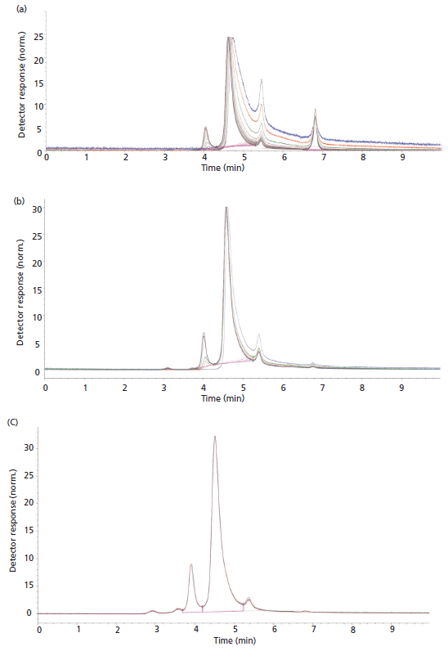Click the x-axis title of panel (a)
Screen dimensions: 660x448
(224, 166)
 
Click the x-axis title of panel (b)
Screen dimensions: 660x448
(224, 397)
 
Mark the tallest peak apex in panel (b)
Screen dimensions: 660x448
(226, 208)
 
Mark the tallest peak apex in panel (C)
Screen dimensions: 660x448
(215, 437)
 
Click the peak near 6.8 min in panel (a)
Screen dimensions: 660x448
(315, 110)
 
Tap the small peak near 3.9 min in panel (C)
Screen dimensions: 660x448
(190, 564)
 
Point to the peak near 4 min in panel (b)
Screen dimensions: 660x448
(204, 334)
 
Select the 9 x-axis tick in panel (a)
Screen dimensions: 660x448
(402, 156)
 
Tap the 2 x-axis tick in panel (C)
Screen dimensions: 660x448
(118, 631)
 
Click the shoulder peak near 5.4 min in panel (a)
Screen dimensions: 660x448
(261, 80)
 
